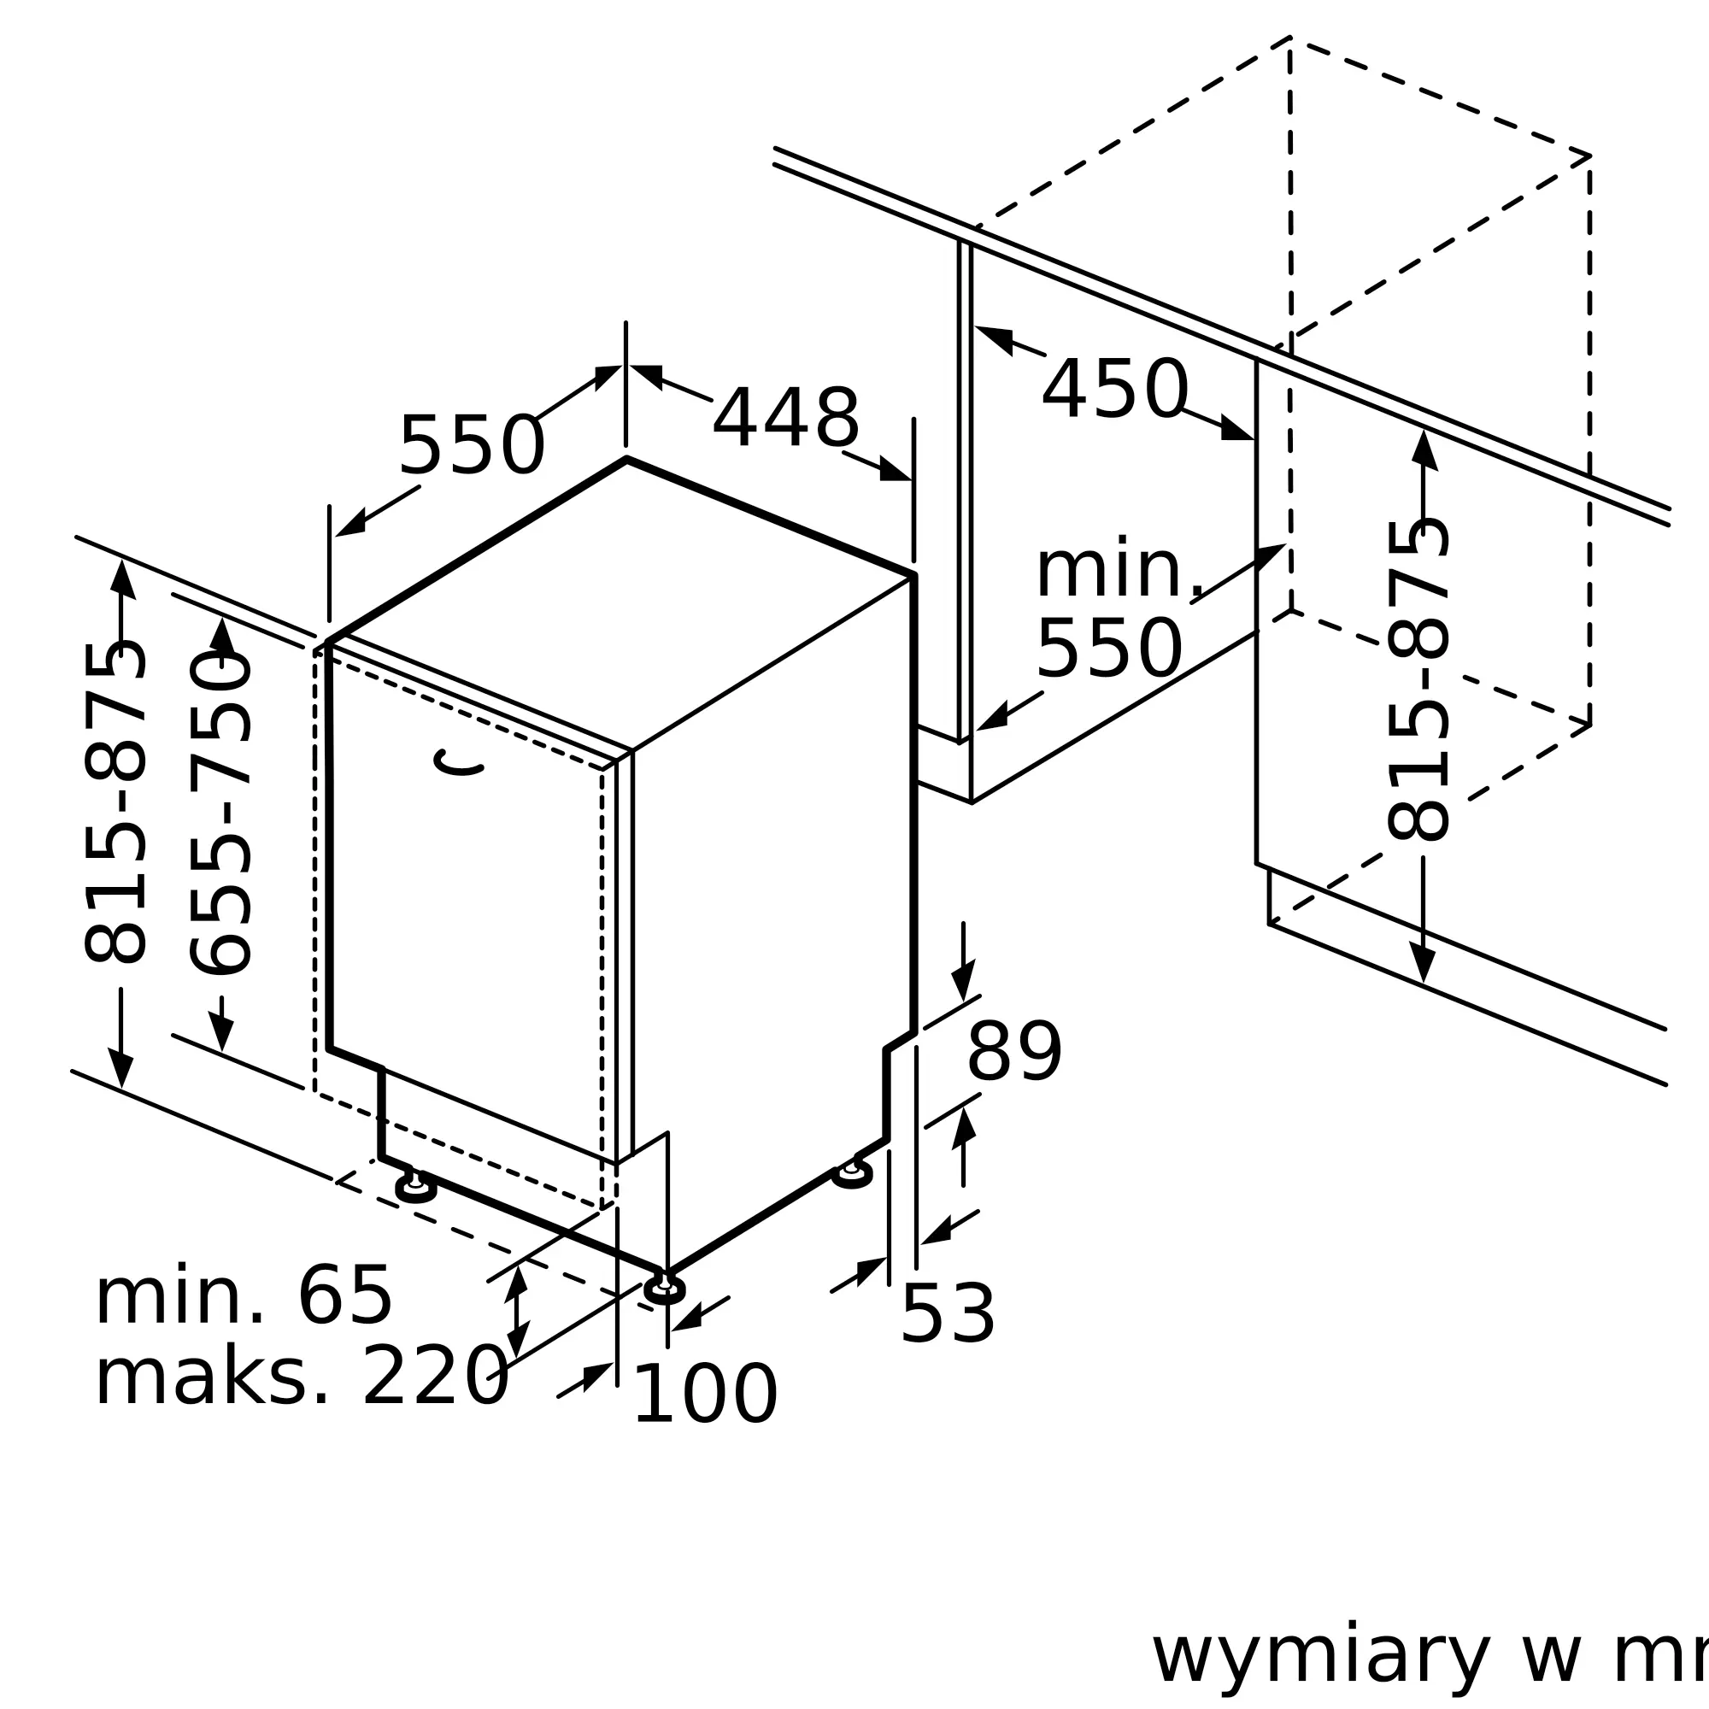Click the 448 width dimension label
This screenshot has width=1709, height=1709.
click(x=785, y=419)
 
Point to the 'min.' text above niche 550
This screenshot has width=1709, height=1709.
click(x=1119, y=569)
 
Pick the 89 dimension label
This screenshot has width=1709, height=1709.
click(x=1013, y=1051)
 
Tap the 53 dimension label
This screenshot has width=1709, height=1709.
click(x=948, y=1314)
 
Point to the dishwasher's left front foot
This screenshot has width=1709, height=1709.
click(x=416, y=1189)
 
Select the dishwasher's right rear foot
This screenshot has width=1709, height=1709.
click(x=852, y=1173)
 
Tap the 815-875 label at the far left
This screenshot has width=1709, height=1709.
click(x=115, y=803)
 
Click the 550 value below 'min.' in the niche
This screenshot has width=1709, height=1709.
click(x=1109, y=649)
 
